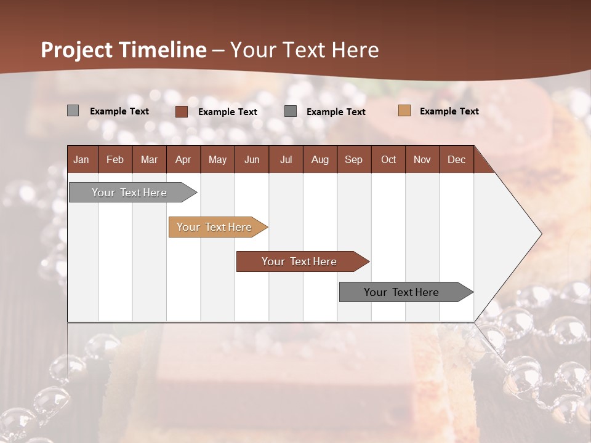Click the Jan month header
[82, 159]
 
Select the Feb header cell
[115, 159]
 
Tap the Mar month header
[149, 159]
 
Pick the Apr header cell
[183, 159]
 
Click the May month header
[217, 159]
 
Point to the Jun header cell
[252, 159]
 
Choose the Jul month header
[286, 159]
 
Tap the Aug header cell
[320, 159]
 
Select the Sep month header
[354, 159]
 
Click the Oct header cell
[388, 159]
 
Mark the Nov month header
[422, 159]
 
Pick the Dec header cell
[457, 159]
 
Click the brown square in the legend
[182, 111]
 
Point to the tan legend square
[404, 111]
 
